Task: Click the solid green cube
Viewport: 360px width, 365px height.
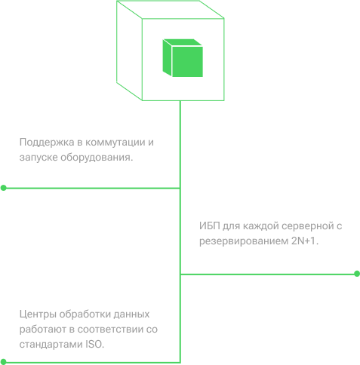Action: coord(183,58)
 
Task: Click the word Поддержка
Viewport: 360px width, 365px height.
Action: coord(47,143)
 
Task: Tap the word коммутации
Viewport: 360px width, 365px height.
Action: coord(115,143)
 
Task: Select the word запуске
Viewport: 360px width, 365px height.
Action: coord(38,158)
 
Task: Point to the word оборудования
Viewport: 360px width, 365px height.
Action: coord(97,158)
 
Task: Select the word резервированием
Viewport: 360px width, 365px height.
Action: coord(244,241)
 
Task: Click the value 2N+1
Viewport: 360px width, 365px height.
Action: coord(305,241)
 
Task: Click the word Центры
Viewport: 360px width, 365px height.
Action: coord(38,314)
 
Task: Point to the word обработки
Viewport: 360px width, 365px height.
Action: coord(85,314)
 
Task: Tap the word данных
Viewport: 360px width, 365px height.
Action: coord(131,314)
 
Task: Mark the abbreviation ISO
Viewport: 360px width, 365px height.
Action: coord(94,344)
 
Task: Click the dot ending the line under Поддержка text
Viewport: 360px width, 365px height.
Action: coord(4,188)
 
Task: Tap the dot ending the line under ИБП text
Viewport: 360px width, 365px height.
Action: coord(357,274)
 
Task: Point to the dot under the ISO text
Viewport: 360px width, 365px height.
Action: coord(3,362)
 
